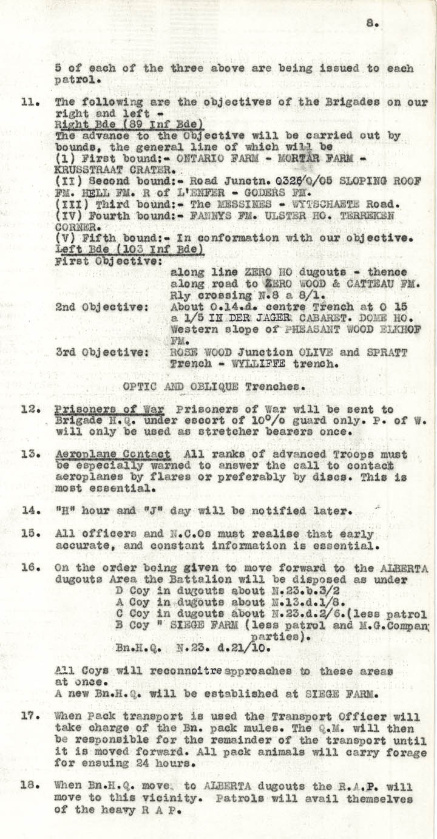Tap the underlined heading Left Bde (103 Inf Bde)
(129, 250)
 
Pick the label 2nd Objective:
(101, 307)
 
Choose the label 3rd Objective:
(101, 353)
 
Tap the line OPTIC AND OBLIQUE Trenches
(212, 386)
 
